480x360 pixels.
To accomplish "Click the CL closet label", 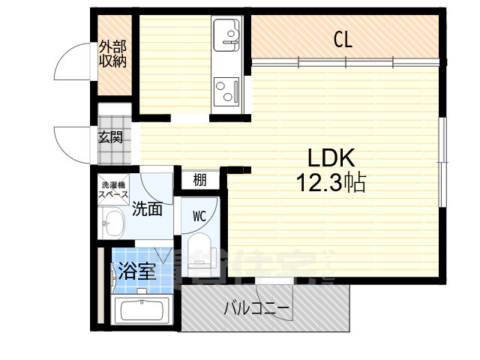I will [x=343, y=40].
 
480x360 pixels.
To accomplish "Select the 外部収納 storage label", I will [x=112, y=54].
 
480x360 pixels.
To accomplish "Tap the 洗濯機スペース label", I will [x=114, y=187].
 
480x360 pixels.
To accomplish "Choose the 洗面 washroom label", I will [x=148, y=209].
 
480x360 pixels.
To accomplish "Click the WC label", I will [x=199, y=217].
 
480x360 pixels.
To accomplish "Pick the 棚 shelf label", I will [x=199, y=180].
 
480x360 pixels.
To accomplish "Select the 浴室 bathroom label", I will [x=136, y=271].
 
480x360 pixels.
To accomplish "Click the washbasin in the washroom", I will [x=113, y=223].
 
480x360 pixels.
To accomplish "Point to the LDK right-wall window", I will [x=442, y=160].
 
